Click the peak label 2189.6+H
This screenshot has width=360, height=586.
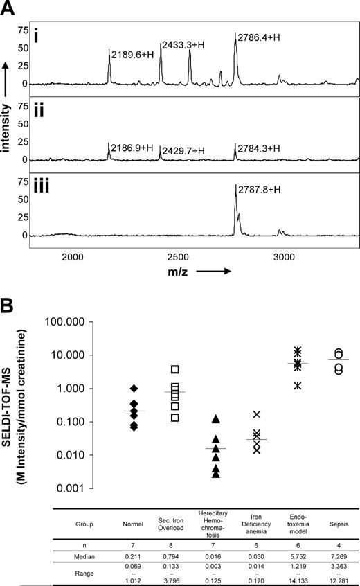pos(133,51)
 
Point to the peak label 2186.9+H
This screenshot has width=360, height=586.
pos(133,147)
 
